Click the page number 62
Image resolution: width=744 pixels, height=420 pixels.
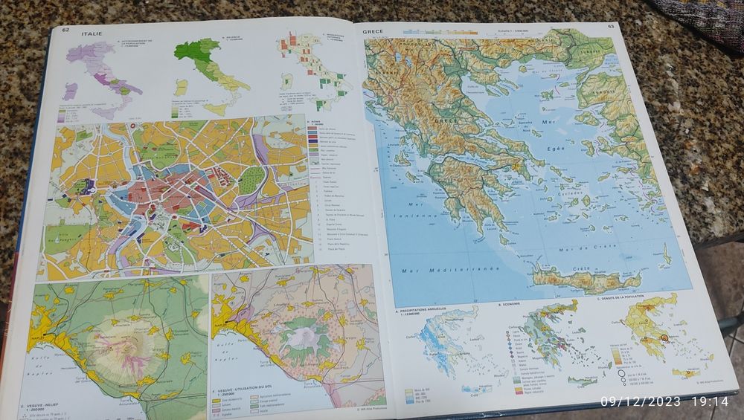(x=66, y=30)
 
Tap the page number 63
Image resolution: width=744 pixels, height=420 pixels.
(x=611, y=27)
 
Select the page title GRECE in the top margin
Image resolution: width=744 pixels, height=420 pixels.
(x=373, y=32)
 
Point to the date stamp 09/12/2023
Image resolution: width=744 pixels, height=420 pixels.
(x=640, y=402)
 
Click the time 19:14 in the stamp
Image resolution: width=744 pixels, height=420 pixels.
(x=711, y=402)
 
